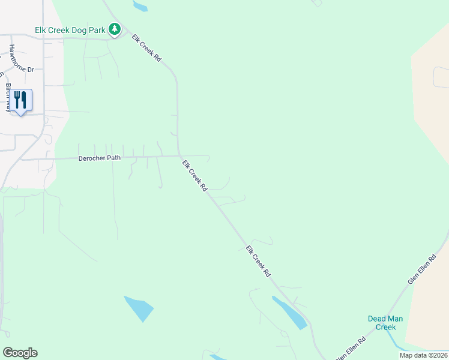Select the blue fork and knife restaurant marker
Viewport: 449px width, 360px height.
[x=21, y=100]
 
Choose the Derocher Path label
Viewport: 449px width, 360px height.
[x=100, y=158]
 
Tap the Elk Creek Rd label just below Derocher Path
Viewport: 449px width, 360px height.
[x=194, y=175]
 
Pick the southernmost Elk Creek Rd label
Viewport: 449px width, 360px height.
[x=258, y=261]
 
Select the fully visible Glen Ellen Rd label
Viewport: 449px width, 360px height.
[x=424, y=268]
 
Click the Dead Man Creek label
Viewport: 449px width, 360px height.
[x=382, y=323]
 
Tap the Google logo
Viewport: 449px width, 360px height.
[x=20, y=353]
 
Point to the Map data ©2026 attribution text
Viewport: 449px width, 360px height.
[x=423, y=355]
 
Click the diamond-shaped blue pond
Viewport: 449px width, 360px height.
[x=138, y=308]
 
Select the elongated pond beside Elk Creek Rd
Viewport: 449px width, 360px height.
[x=290, y=313]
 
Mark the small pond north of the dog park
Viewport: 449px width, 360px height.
[x=140, y=7]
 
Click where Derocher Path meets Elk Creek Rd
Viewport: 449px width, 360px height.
[x=178, y=156]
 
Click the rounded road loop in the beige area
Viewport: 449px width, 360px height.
[x=441, y=77]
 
